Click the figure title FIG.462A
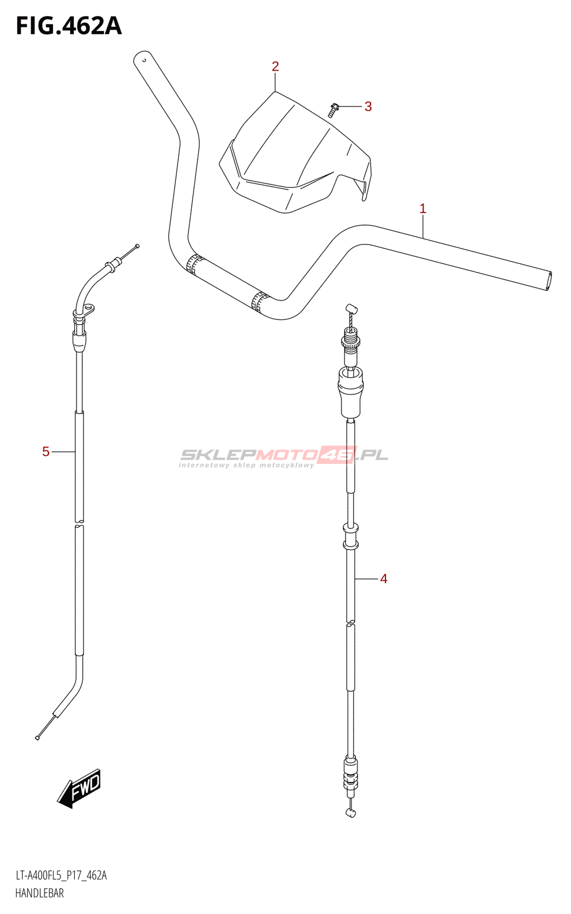[x=69, y=26]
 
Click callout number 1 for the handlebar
[x=423, y=209]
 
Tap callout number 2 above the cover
[x=275, y=66]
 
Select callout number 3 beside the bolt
[x=368, y=106]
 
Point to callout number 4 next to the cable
[x=383, y=579]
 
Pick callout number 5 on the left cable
[x=46, y=452]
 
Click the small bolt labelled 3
[x=333, y=110]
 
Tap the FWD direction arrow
[x=79, y=788]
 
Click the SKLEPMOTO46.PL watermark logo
[x=283, y=456]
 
